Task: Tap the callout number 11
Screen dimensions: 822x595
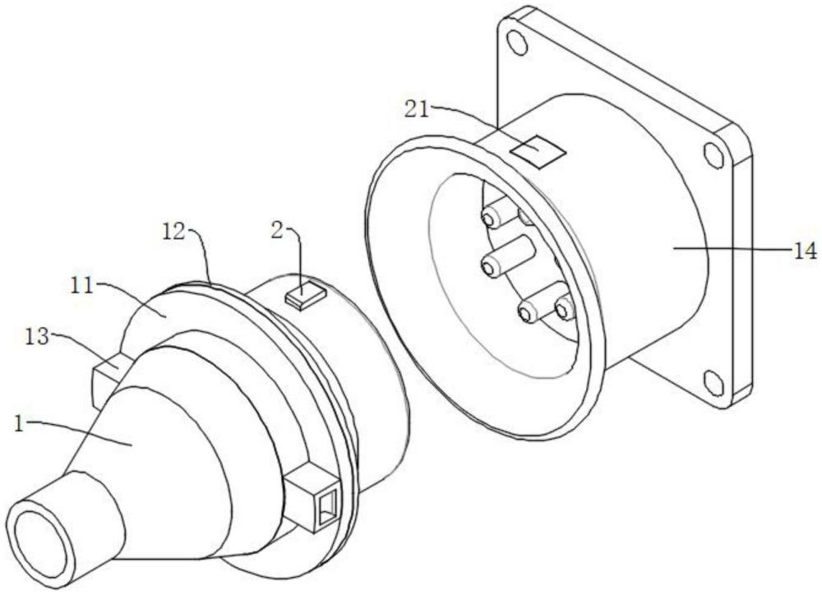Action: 81,286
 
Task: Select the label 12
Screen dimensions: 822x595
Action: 173,233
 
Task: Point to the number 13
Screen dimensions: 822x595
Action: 37,337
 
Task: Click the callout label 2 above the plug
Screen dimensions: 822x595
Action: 277,231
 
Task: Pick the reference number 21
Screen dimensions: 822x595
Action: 416,109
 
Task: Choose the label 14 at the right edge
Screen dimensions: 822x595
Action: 804,251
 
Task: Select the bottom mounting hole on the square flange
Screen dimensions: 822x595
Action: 713,383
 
